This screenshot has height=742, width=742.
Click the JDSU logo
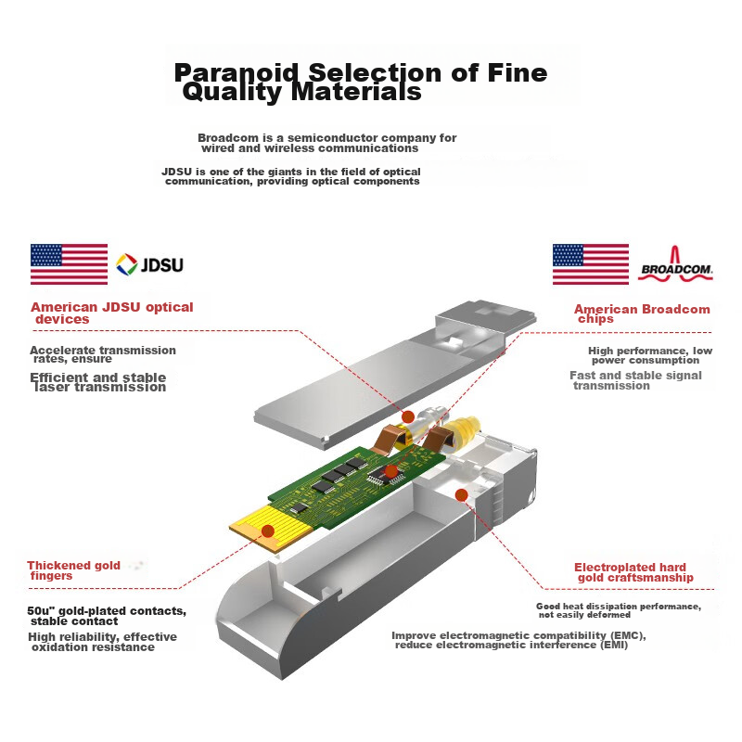pos(149,264)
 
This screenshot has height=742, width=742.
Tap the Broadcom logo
pos(675,263)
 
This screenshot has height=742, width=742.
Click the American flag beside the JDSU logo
pos(69,264)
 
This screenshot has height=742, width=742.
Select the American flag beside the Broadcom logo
pos(591,264)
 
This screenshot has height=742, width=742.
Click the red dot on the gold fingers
pos(268,531)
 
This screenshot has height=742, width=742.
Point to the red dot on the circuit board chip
pos(390,471)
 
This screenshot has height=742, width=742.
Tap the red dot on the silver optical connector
pos(408,416)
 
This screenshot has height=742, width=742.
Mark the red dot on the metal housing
pos(461,495)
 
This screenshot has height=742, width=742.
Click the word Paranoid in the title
pos(237,73)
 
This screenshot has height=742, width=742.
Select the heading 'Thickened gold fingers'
pos(74,570)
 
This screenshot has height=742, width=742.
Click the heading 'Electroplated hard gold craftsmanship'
pos(633,572)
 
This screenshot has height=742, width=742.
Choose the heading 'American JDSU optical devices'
pos(112,313)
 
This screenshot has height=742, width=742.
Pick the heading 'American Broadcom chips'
pos(642,313)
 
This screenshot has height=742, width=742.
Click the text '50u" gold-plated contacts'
pos(107,611)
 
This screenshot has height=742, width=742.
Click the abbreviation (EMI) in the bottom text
pos(614,645)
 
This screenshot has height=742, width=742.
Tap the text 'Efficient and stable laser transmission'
pos(98,382)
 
